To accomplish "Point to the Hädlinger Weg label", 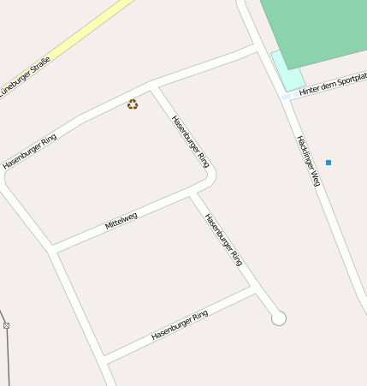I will [308, 160].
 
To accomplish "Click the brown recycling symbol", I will [133, 104].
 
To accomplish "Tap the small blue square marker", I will [329, 163].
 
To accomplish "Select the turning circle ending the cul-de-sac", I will [278, 318].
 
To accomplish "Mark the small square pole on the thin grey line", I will [6, 325].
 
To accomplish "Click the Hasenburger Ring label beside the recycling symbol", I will [190, 141].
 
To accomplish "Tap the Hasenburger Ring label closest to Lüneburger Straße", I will [30, 151].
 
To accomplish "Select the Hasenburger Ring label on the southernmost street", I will [180, 325].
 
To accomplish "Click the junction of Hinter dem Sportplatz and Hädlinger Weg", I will [287, 97].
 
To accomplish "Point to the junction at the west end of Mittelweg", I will [53, 250].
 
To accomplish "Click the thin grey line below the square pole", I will [9, 359].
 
